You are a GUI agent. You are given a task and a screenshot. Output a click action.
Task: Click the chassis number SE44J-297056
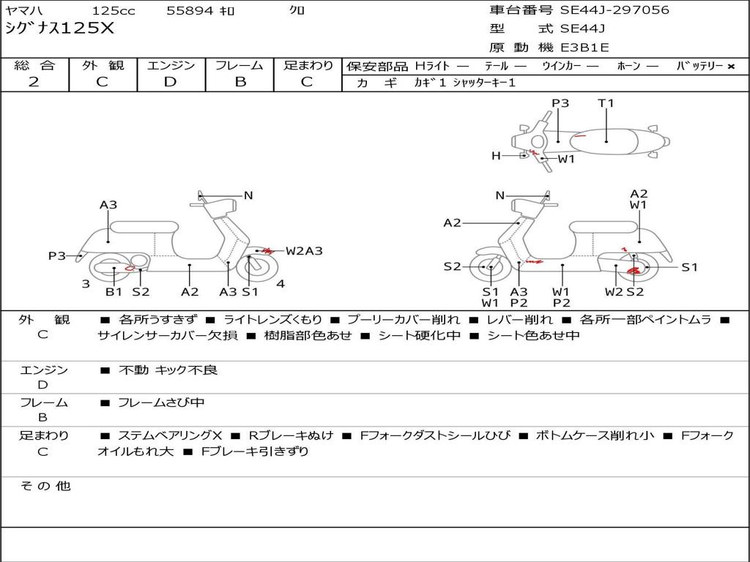coord(615,10)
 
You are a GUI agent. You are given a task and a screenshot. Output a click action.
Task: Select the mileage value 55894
coord(190,11)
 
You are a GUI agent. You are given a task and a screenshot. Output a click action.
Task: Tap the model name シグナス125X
coord(59,29)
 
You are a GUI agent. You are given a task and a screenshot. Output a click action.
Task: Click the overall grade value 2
coord(34,82)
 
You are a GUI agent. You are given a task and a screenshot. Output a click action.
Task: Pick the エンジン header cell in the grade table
coord(171,65)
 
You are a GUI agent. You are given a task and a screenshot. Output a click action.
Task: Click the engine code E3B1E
coord(584,48)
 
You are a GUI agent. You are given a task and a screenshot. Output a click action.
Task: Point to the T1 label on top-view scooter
coord(606,103)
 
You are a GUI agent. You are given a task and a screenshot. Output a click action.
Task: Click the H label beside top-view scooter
coord(496,155)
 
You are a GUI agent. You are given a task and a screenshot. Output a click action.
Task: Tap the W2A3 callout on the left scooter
coord(304,251)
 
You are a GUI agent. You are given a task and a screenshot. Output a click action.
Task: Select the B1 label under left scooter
coord(114,292)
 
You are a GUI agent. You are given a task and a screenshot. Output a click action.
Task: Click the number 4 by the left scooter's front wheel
coord(281,284)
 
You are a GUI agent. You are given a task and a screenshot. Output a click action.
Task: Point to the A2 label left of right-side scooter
coord(452,222)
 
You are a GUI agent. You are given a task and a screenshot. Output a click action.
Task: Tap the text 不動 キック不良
coord(168,370)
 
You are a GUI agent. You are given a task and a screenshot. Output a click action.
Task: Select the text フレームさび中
coord(161,402)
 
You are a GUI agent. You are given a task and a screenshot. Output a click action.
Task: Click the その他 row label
coord(45,486)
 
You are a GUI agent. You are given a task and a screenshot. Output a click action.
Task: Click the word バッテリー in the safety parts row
coord(699,66)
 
